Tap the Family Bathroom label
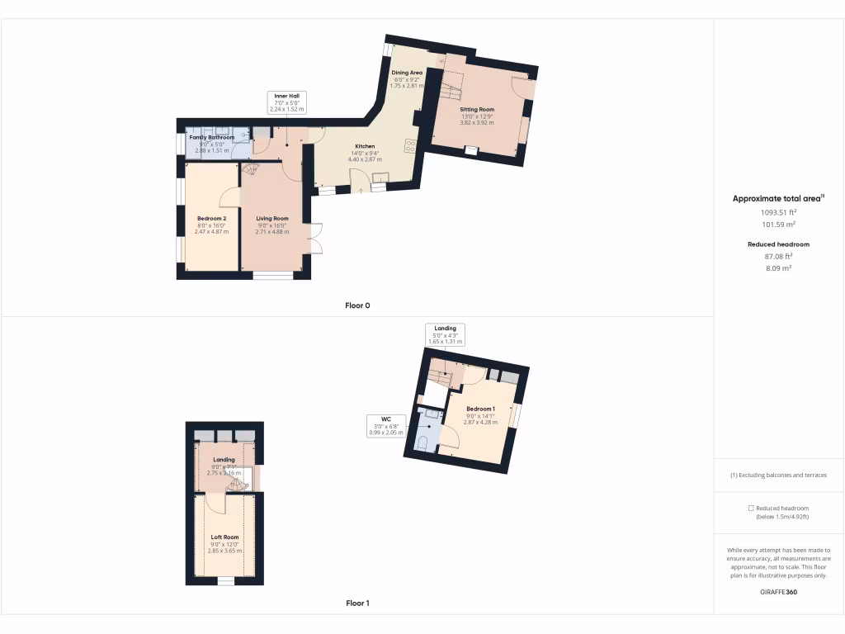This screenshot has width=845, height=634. click(212, 137)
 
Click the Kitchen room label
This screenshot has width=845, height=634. click(365, 146)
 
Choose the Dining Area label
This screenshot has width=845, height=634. click(406, 73)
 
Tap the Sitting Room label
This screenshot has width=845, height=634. click(477, 109)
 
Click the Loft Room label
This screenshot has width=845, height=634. click(224, 537)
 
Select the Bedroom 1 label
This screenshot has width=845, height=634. click(480, 409)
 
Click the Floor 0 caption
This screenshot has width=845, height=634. click(357, 305)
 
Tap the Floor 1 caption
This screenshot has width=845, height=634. click(357, 603)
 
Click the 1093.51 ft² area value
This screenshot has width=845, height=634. click(778, 212)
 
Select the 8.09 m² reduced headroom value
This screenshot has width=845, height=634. click(778, 268)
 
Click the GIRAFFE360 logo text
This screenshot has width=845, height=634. click(778, 591)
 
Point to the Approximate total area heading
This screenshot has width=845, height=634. click(777, 199)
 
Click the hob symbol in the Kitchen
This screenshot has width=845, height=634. click(410, 145)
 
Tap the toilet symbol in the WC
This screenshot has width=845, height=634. click(423, 443)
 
